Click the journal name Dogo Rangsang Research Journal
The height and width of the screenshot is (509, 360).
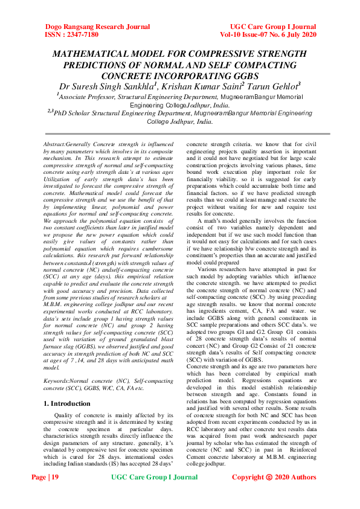point(97,27)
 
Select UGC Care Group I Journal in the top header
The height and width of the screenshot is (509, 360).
point(272,27)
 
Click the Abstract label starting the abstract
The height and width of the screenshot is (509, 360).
point(60,146)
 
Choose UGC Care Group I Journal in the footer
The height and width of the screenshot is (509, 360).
point(155,495)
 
